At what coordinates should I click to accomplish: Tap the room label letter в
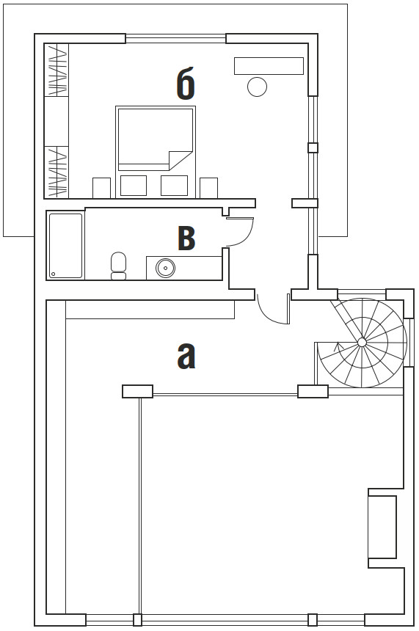(186, 238)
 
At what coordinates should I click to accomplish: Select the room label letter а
(186, 357)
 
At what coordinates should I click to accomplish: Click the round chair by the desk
(257, 87)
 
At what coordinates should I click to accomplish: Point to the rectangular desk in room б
(269, 66)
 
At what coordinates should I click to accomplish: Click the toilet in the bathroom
(118, 266)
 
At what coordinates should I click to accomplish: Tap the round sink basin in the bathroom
(165, 267)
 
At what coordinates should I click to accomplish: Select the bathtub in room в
(66, 246)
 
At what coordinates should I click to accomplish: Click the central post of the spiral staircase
(362, 342)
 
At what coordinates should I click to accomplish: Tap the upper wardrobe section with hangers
(57, 70)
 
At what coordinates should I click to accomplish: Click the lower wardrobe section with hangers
(57, 172)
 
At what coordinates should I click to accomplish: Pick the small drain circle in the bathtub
(53, 274)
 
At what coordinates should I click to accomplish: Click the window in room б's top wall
(176, 39)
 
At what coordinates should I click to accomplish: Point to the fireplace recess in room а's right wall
(382, 528)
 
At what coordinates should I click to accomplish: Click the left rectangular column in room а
(138, 392)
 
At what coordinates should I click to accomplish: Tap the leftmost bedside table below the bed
(101, 188)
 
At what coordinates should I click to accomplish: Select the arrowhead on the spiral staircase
(337, 346)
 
